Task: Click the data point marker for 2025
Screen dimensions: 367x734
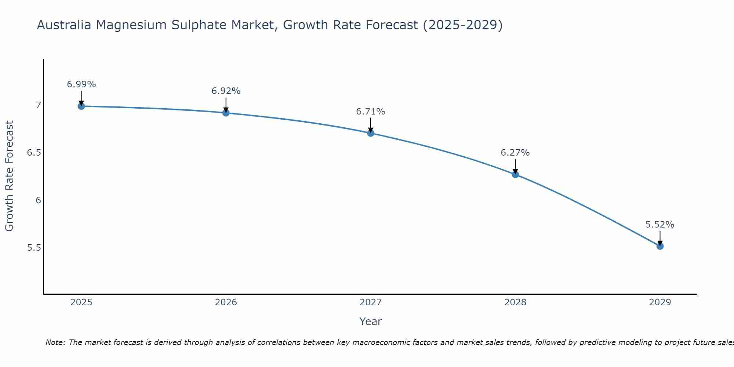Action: point(81,106)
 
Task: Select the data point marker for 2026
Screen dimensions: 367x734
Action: point(226,113)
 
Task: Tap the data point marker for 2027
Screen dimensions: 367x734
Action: point(371,133)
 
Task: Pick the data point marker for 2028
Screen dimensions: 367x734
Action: point(515,174)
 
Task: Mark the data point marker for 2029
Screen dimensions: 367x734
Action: point(660,246)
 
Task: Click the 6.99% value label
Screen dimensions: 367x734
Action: point(81,84)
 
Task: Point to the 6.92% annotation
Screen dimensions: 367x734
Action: point(226,91)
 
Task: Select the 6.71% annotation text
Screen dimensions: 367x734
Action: point(371,112)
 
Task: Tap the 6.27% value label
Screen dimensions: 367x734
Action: point(515,153)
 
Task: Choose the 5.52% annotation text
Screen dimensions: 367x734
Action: point(660,225)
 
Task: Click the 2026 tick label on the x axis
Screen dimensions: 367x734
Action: point(226,302)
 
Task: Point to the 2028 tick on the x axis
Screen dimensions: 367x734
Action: point(515,302)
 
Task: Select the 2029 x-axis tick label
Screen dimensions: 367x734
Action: point(660,302)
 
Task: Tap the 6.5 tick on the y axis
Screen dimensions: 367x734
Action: point(34,153)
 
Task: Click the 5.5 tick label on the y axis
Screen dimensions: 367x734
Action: point(34,248)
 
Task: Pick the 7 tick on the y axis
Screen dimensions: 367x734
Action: point(38,105)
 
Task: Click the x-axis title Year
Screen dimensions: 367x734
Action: point(371,321)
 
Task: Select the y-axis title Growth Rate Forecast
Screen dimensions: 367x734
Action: point(10,176)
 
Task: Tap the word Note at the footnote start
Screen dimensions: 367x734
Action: point(55,342)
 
